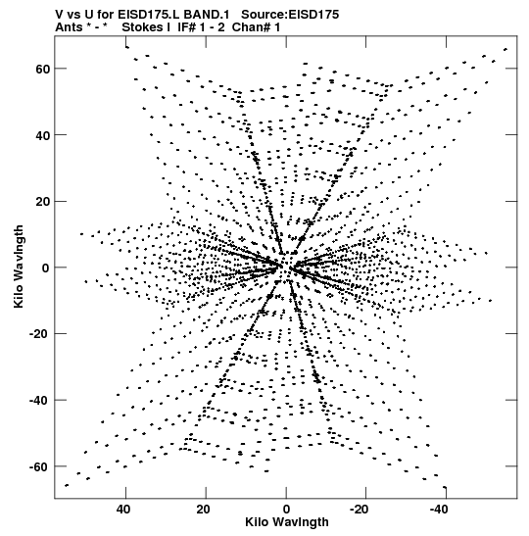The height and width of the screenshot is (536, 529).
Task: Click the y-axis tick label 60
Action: (42, 69)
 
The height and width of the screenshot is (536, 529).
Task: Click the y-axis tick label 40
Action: (42, 135)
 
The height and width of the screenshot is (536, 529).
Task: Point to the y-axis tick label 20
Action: (42, 201)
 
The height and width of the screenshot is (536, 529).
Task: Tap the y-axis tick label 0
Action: (46, 268)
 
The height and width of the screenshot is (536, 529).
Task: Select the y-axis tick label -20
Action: (40, 334)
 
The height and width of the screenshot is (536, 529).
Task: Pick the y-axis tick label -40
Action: (40, 401)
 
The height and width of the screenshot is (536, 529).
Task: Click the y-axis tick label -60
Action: (40, 467)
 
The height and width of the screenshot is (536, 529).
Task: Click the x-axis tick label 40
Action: (123, 510)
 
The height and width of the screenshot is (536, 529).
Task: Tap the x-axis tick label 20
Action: (204, 510)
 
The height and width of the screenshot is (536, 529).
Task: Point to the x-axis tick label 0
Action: (286, 510)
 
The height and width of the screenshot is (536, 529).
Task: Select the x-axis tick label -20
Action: (360, 510)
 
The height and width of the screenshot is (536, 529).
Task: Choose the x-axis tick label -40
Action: (439, 510)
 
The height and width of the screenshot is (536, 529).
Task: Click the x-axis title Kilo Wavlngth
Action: (287, 522)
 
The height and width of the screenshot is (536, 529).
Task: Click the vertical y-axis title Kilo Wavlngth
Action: (19, 267)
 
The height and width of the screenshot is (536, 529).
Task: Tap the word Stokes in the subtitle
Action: (142, 27)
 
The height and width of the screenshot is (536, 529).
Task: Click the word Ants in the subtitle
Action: (69, 27)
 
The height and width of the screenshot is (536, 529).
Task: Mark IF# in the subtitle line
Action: (187, 27)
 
